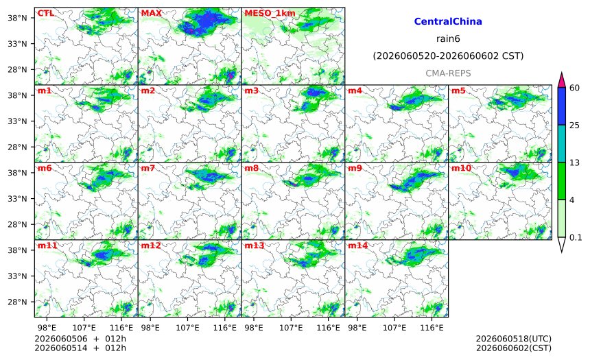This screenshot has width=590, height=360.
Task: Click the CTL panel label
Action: point(45,13)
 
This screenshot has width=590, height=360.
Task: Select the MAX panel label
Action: point(151,13)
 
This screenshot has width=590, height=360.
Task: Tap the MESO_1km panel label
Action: point(270,14)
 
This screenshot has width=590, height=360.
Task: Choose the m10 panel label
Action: point(461,168)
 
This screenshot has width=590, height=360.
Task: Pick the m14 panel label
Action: point(357,245)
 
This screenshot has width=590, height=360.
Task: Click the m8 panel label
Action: point(252,168)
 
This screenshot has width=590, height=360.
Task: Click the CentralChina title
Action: point(448,21)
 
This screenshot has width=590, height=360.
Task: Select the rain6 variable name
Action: point(448,39)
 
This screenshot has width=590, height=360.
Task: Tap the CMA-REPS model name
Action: point(448,73)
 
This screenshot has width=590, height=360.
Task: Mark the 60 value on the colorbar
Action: point(574,88)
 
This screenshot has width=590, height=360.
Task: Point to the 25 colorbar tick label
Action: point(574,125)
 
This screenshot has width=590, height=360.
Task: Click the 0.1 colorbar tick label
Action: point(576,237)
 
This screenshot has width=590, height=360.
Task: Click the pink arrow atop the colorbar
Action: point(561,80)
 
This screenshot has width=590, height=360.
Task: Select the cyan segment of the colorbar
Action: point(561,144)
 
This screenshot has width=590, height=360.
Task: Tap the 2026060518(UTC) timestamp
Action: point(514,339)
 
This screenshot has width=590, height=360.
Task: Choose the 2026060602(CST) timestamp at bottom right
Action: point(514,348)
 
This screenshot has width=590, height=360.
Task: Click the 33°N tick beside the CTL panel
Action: point(17,44)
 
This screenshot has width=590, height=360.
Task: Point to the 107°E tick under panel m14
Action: point(394,328)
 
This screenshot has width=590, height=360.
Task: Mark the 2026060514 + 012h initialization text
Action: point(80,348)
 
